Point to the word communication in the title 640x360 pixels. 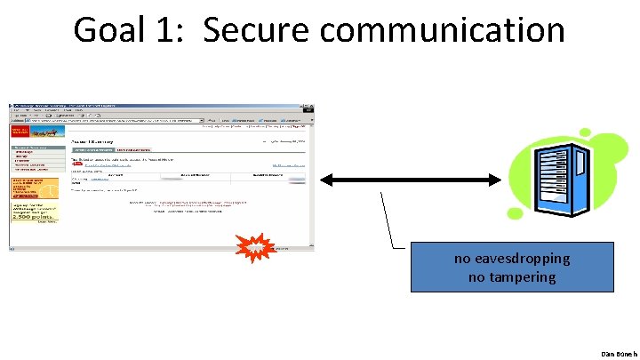click(442, 30)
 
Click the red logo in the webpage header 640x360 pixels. click(20, 132)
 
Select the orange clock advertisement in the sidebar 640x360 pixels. click(34, 188)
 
